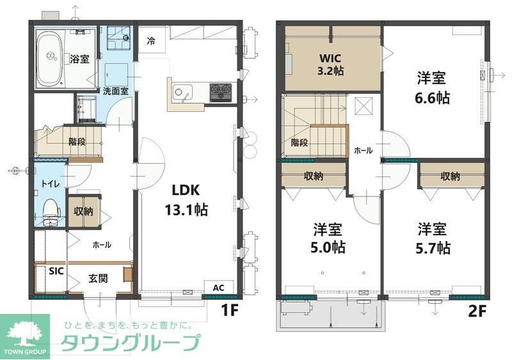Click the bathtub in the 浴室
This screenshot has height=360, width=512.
click(49, 59)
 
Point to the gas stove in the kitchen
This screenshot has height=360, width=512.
click(220, 92)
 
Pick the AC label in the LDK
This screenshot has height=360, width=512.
click(218, 288)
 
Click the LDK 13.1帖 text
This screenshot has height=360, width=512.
click(186, 200)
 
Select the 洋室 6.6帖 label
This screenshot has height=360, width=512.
click(432, 88)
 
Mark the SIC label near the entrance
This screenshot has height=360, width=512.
click(57, 270)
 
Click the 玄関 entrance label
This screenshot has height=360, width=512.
click(97, 279)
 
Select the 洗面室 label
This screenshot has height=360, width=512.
click(116, 91)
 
